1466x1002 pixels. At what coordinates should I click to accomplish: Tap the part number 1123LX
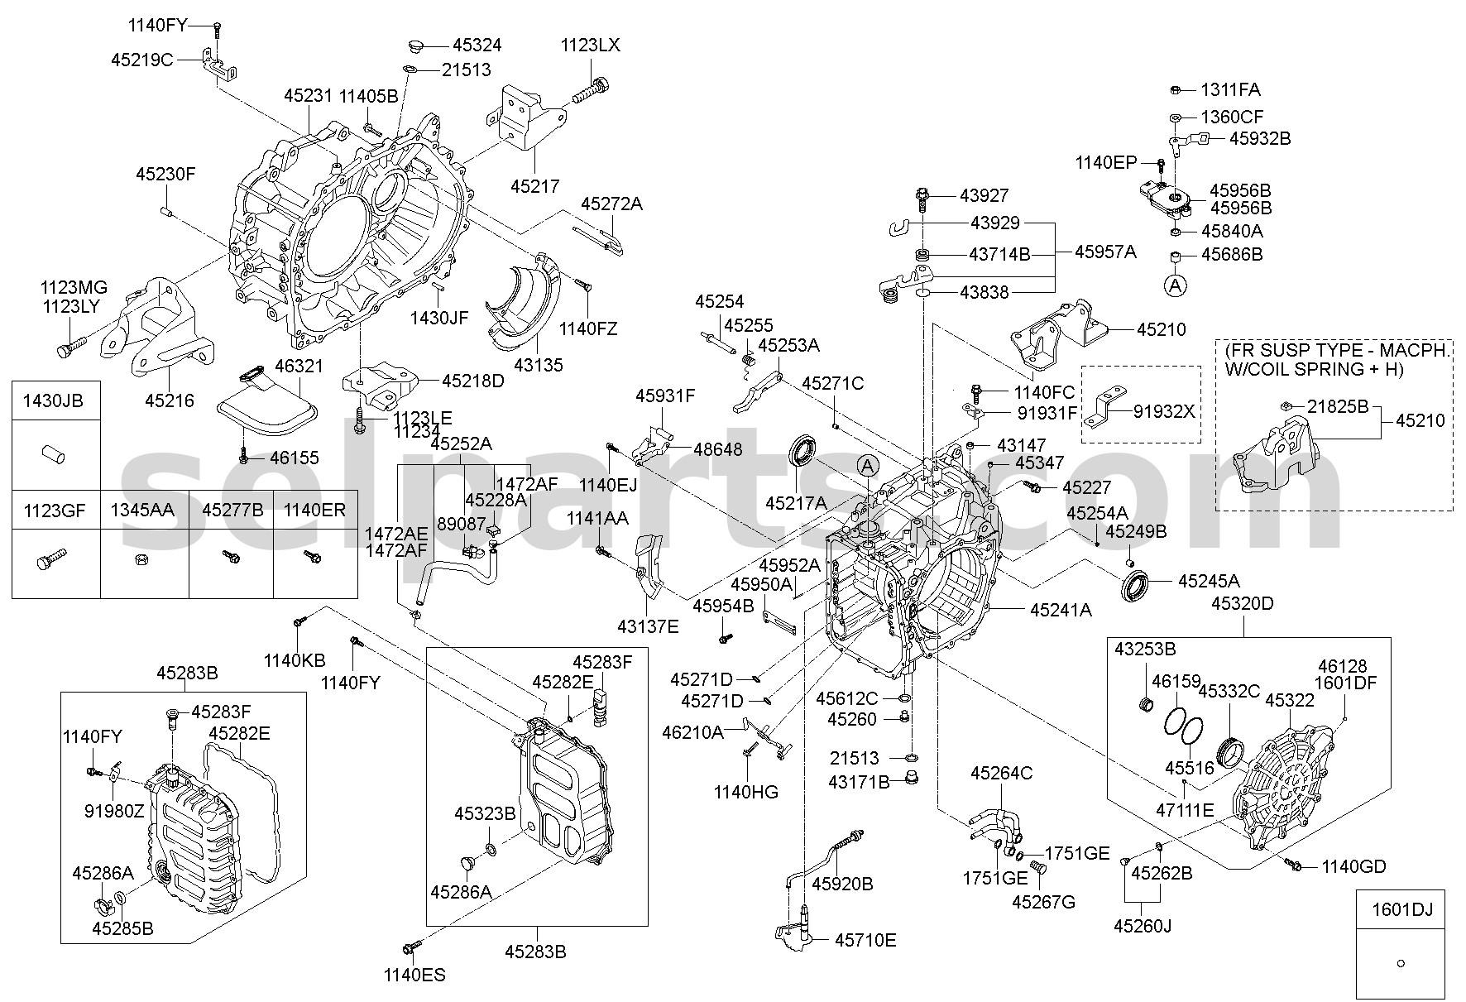point(590,46)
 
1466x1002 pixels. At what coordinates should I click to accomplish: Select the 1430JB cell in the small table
point(56,401)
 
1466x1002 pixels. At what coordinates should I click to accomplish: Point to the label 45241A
point(1061,611)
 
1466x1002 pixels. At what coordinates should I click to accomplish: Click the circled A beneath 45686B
point(1175,285)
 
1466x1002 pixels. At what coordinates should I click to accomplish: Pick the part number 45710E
point(865,940)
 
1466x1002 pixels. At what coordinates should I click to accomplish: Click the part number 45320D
point(1243,604)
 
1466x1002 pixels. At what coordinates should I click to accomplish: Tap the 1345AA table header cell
point(145,511)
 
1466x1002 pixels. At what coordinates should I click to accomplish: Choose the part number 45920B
point(842,884)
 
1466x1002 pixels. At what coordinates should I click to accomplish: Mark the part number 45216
point(170,400)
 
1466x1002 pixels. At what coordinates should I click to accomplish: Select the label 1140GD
point(1353,867)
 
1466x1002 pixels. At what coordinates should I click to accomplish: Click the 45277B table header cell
point(232,511)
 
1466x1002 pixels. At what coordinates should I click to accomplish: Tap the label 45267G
point(1043,902)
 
